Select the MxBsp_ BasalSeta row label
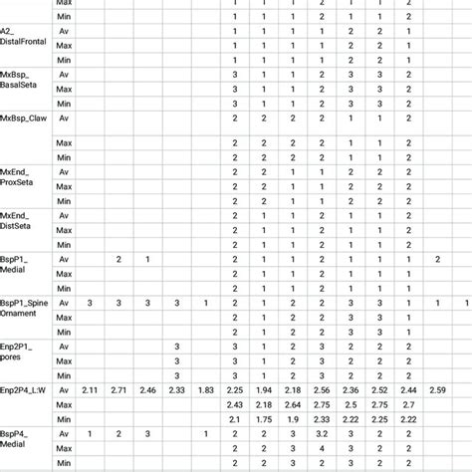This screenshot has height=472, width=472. (x=22, y=81)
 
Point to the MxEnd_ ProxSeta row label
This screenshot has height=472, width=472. (x=22, y=176)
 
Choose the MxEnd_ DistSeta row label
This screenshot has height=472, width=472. (x=22, y=219)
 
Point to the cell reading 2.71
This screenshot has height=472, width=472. (x=118, y=389)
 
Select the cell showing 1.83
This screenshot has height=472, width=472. (x=205, y=389)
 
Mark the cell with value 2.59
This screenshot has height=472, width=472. (x=437, y=389)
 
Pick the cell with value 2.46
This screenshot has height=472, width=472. (x=147, y=389)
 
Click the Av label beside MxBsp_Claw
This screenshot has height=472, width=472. (x=65, y=118)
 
